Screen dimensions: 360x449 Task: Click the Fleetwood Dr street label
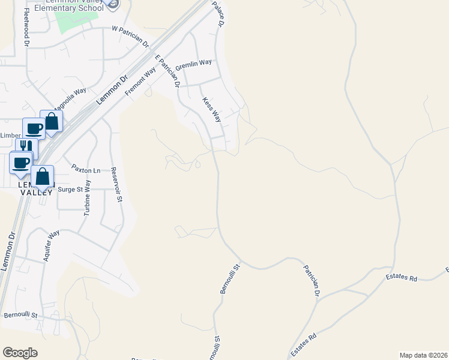[26, 28]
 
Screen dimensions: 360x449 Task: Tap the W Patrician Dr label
[130, 35]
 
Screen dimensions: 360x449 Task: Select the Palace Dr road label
[217, 13]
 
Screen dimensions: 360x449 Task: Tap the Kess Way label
[212, 110]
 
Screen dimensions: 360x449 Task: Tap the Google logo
[20, 353]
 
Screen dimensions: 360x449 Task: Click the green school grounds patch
[75, 21]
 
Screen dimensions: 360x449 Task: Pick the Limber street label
[10, 136]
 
